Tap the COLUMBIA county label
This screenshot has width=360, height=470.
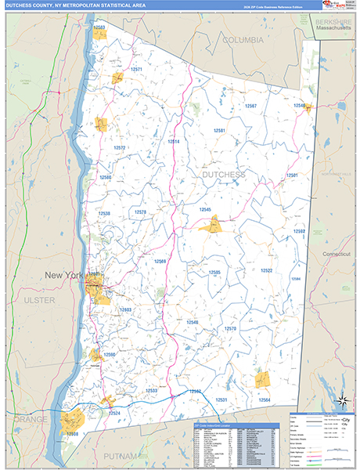point(243,39)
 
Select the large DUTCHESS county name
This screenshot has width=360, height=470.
point(224,174)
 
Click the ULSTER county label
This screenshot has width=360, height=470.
point(34,300)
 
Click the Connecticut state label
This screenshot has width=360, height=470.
point(339,255)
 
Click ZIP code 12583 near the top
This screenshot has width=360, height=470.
point(99,27)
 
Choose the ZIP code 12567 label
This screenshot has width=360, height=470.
point(250,105)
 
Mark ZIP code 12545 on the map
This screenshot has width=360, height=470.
point(205,209)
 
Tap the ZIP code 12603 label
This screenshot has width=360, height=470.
point(125,310)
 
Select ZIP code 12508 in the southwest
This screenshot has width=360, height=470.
point(72,433)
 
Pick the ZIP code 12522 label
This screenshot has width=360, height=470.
point(266,270)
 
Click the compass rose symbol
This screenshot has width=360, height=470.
point(341,402)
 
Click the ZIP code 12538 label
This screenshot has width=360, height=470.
point(104,213)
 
